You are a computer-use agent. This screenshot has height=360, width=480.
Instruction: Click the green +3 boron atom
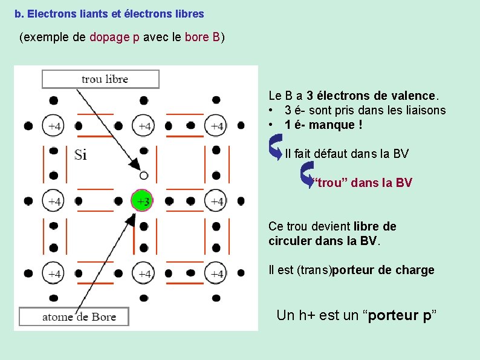(143, 200)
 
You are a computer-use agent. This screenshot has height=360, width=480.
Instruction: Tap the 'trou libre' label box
(101, 79)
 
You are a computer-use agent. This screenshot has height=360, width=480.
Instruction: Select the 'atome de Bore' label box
(75, 316)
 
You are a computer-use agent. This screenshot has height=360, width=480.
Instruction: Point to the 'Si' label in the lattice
(80, 155)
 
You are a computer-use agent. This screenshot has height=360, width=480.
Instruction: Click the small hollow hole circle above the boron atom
(143, 175)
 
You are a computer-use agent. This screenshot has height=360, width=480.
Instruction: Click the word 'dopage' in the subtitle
(109, 38)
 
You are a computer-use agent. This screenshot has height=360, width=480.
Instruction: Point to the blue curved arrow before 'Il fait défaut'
(276, 147)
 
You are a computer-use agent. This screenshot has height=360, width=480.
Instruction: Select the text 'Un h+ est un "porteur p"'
(356, 315)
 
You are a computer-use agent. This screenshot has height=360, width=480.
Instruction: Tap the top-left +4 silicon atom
(54, 126)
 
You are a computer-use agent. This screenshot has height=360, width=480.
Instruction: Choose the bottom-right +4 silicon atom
(216, 274)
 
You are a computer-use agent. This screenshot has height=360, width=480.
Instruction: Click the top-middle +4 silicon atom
(144, 126)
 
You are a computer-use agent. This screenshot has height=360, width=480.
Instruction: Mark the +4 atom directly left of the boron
(54, 200)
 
